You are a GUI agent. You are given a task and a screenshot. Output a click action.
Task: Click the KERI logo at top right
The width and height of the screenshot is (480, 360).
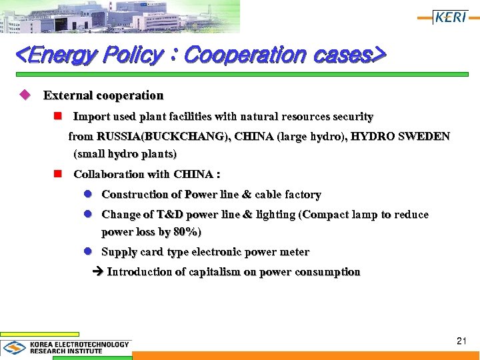450,17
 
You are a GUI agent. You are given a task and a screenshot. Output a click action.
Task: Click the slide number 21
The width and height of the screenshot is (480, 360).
461,341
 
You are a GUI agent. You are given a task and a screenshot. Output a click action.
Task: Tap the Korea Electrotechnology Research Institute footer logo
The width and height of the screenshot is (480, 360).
67,347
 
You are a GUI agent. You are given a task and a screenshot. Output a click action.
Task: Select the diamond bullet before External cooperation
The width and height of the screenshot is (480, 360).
25,95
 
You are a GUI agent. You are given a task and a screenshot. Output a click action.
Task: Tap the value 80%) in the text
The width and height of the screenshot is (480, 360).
187,232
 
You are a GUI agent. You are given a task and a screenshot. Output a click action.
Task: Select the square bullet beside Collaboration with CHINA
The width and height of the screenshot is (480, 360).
58,175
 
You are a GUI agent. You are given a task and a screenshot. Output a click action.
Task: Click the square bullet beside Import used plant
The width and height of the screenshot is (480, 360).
58,117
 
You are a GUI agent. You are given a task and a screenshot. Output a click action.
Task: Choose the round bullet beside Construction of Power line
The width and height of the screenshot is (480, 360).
87,195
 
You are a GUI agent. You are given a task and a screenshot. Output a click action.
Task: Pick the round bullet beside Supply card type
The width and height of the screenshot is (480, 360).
87,252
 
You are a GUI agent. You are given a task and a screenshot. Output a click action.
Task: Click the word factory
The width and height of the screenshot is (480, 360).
303,195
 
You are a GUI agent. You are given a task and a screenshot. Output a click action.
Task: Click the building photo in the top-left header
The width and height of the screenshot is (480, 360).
120,16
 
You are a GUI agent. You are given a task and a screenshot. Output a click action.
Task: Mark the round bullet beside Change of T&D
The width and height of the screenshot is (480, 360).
87,215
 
